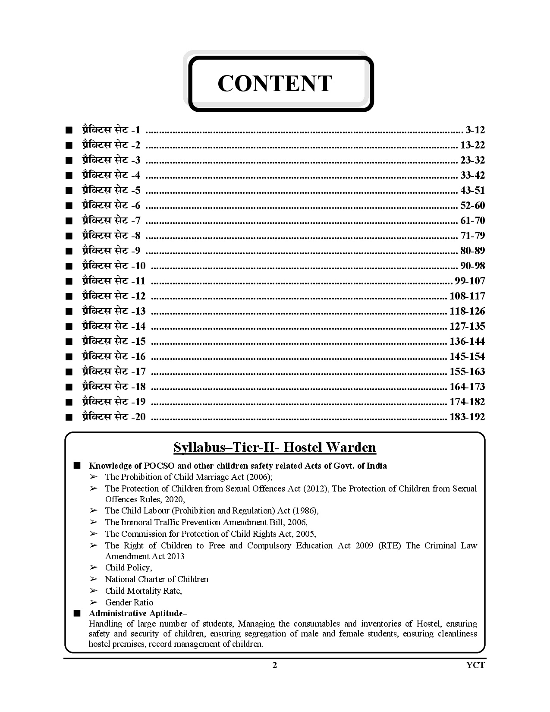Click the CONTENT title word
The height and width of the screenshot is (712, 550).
point(275,83)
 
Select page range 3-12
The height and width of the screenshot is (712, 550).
point(475,130)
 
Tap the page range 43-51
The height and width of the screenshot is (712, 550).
point(472,190)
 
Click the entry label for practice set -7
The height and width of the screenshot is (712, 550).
point(111,221)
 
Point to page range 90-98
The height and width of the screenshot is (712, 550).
point(472,266)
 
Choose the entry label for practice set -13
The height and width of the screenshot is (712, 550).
point(114,311)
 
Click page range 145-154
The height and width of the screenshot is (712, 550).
point(467,356)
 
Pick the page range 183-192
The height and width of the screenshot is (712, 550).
point(467,417)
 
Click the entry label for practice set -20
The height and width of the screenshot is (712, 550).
point(114,417)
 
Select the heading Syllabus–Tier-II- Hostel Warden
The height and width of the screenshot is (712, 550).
point(275,447)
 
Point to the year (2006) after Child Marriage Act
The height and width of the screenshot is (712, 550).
point(258,477)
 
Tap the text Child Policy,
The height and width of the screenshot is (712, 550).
point(129,567)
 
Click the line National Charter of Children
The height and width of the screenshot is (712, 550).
point(157,579)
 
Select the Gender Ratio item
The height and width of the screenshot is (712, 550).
point(129,602)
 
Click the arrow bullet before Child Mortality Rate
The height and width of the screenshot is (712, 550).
point(93,591)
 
